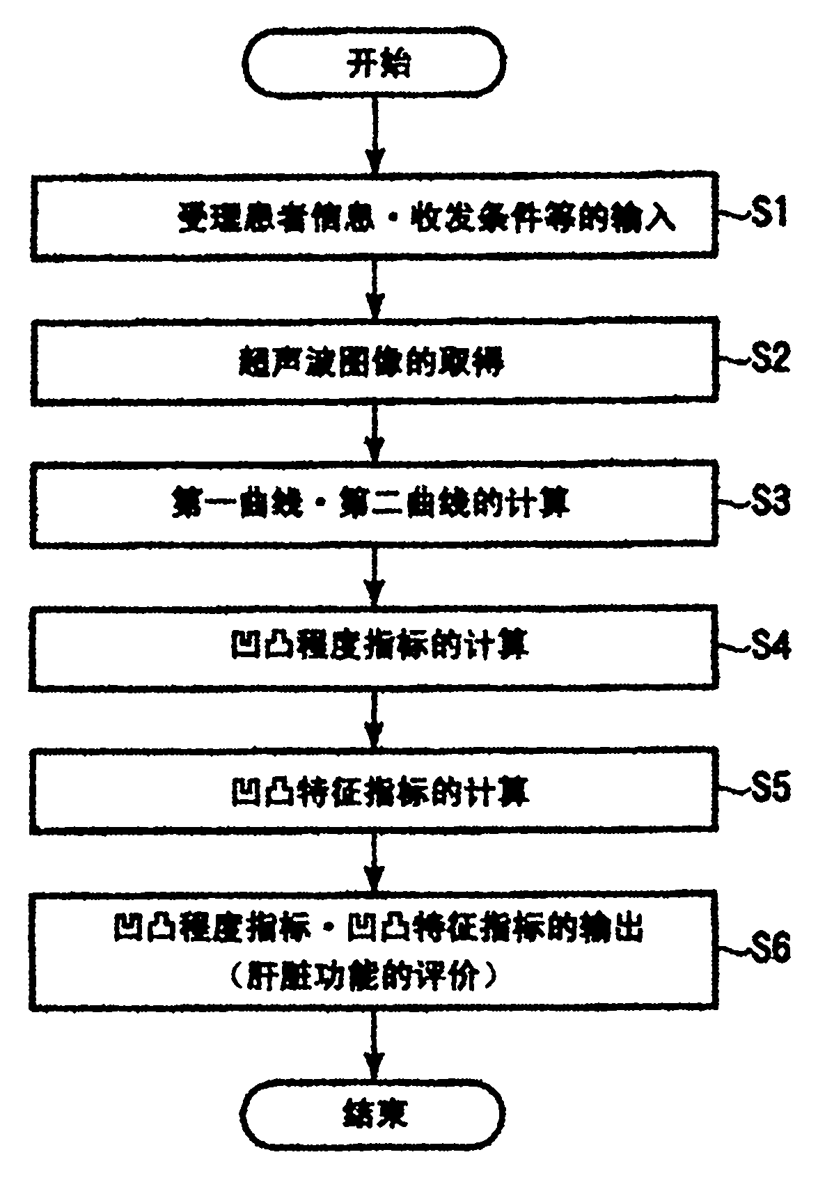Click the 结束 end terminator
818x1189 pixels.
pyautogui.click(x=374, y=1113)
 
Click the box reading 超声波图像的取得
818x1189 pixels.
pyautogui.click(x=374, y=361)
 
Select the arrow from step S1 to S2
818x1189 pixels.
pyautogui.click(x=375, y=289)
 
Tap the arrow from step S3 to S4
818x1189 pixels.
pyautogui.click(x=375, y=574)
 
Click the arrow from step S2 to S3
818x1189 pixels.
pyautogui.click(x=375, y=432)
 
